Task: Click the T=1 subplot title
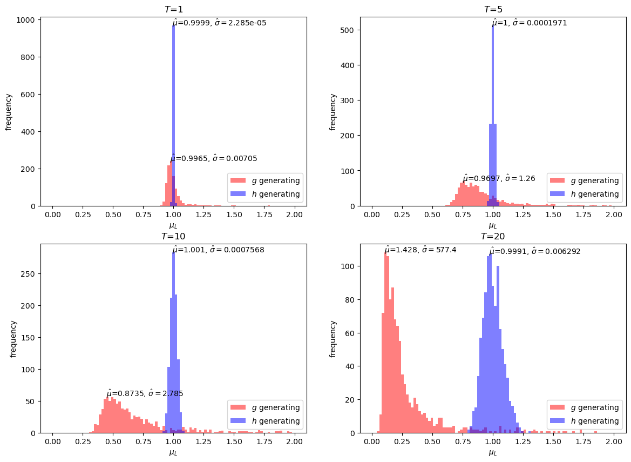tap(173, 10)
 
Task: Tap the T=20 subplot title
tap(492, 237)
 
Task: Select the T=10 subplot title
tap(173, 237)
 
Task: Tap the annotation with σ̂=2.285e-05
tap(219, 23)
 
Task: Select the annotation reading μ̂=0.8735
tap(145, 393)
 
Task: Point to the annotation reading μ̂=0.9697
tap(499, 178)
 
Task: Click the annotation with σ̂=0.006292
tap(534, 251)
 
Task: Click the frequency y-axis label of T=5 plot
tap(333, 112)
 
